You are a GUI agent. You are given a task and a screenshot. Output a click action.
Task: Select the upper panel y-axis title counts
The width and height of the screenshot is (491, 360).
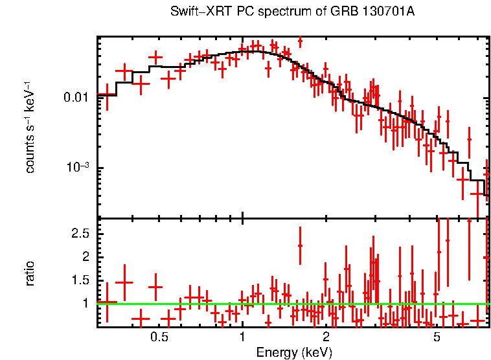click(30, 150)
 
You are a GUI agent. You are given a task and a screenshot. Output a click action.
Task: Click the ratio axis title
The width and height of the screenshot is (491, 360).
click(30, 273)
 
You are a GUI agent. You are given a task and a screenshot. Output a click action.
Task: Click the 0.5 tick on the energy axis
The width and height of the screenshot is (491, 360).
click(159, 337)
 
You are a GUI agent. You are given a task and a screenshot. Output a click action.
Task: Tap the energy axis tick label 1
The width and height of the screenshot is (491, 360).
click(242, 337)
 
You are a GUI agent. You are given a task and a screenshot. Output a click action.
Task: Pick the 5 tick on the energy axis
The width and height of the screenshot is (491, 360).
click(437, 337)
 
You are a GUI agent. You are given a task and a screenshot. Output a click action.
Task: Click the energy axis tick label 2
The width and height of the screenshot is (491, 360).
click(326, 337)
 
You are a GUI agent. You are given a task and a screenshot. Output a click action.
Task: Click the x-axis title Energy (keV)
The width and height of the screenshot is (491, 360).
click(293, 352)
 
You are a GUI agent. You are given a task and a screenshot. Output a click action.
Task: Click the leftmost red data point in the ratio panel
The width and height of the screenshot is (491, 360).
click(107, 302)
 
